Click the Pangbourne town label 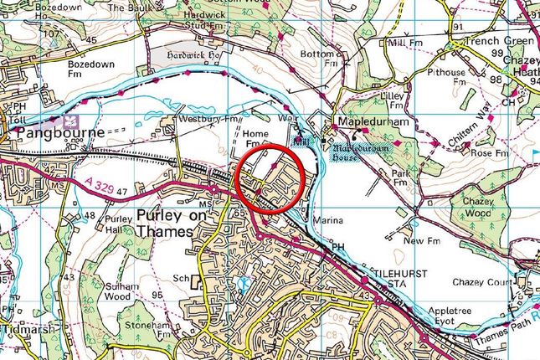pos(53,133)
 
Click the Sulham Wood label pos(126,291)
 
